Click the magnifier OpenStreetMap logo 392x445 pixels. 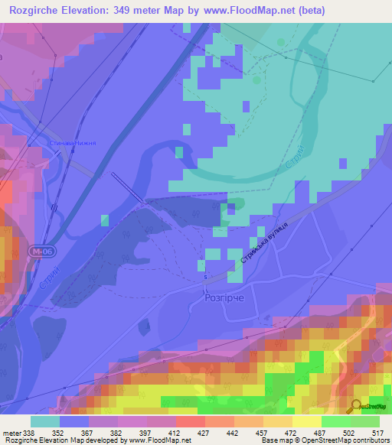[x=354, y=406]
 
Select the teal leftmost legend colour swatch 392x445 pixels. [x=44, y=422]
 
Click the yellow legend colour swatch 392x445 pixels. [x=306, y=422]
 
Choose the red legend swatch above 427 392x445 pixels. [x=190, y=422]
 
